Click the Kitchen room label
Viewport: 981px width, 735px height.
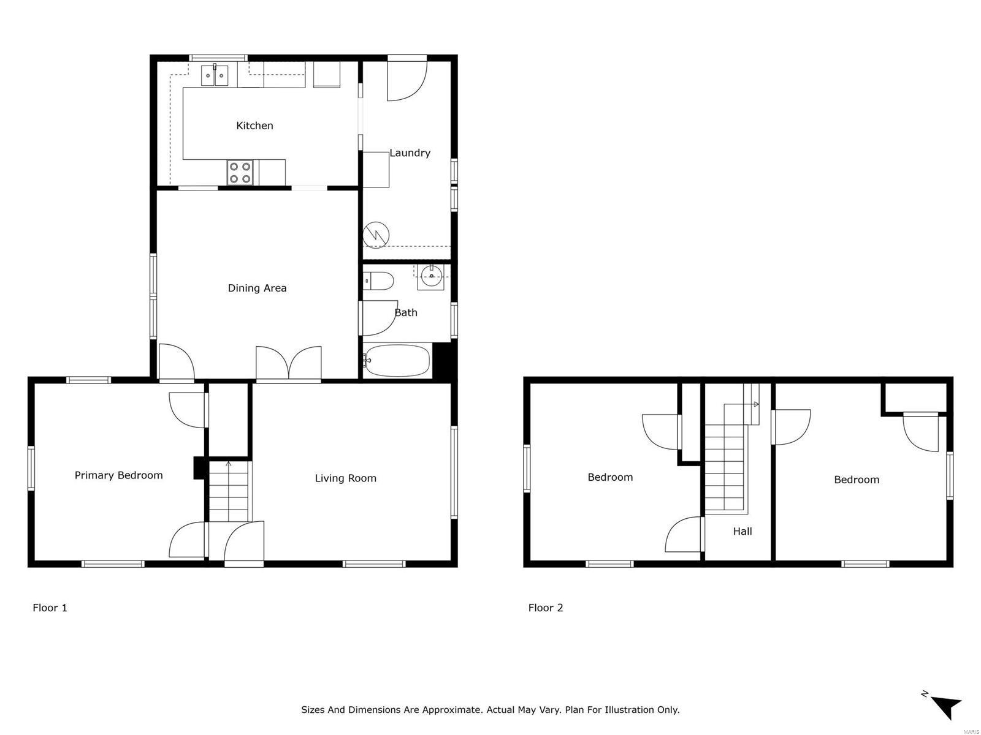(x=254, y=126)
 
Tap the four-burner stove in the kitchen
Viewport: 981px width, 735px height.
(x=240, y=172)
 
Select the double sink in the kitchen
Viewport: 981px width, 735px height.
(x=215, y=76)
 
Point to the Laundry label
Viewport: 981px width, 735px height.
(x=410, y=153)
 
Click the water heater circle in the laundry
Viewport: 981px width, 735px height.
(x=376, y=233)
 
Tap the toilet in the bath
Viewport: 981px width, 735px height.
(x=379, y=281)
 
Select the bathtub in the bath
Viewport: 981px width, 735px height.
(x=397, y=361)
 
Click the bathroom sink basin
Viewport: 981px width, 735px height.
(x=432, y=277)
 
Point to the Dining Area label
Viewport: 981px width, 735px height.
(x=257, y=288)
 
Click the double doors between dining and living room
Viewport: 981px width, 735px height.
(x=288, y=364)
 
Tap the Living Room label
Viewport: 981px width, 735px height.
(x=345, y=478)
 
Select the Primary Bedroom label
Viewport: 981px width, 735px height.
(x=118, y=475)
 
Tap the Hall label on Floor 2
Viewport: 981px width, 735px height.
(x=742, y=531)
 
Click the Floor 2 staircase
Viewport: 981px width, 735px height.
(x=727, y=459)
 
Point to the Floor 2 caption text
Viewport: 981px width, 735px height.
(x=545, y=608)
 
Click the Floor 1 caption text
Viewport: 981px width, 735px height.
(x=50, y=608)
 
